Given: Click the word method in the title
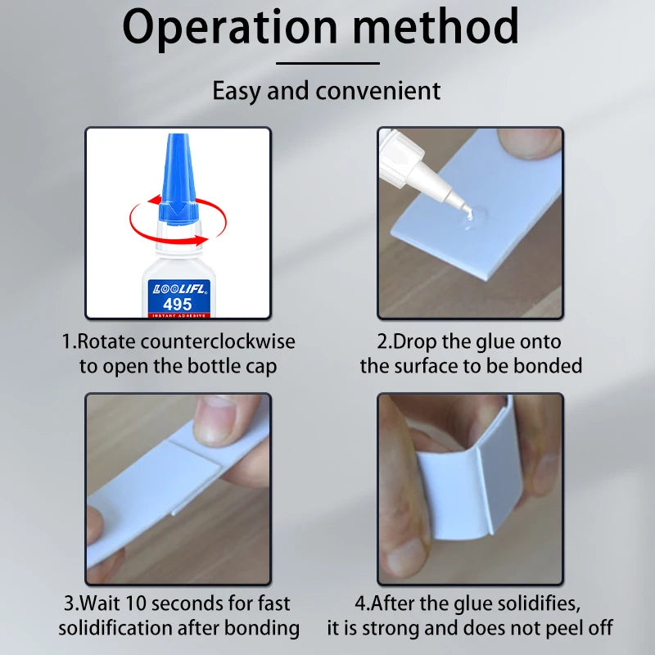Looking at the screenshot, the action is (x=436, y=26).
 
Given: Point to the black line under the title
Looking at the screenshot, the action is (x=327, y=64).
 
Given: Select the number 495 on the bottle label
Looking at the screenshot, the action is (x=178, y=304).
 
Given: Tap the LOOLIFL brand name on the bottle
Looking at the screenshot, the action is (x=178, y=289).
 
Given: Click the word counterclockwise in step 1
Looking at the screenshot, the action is (x=218, y=341).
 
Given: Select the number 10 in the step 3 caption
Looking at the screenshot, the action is (x=136, y=603).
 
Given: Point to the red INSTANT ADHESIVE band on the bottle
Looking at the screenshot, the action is (x=178, y=315).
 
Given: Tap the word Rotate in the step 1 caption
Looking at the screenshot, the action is (x=106, y=341).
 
